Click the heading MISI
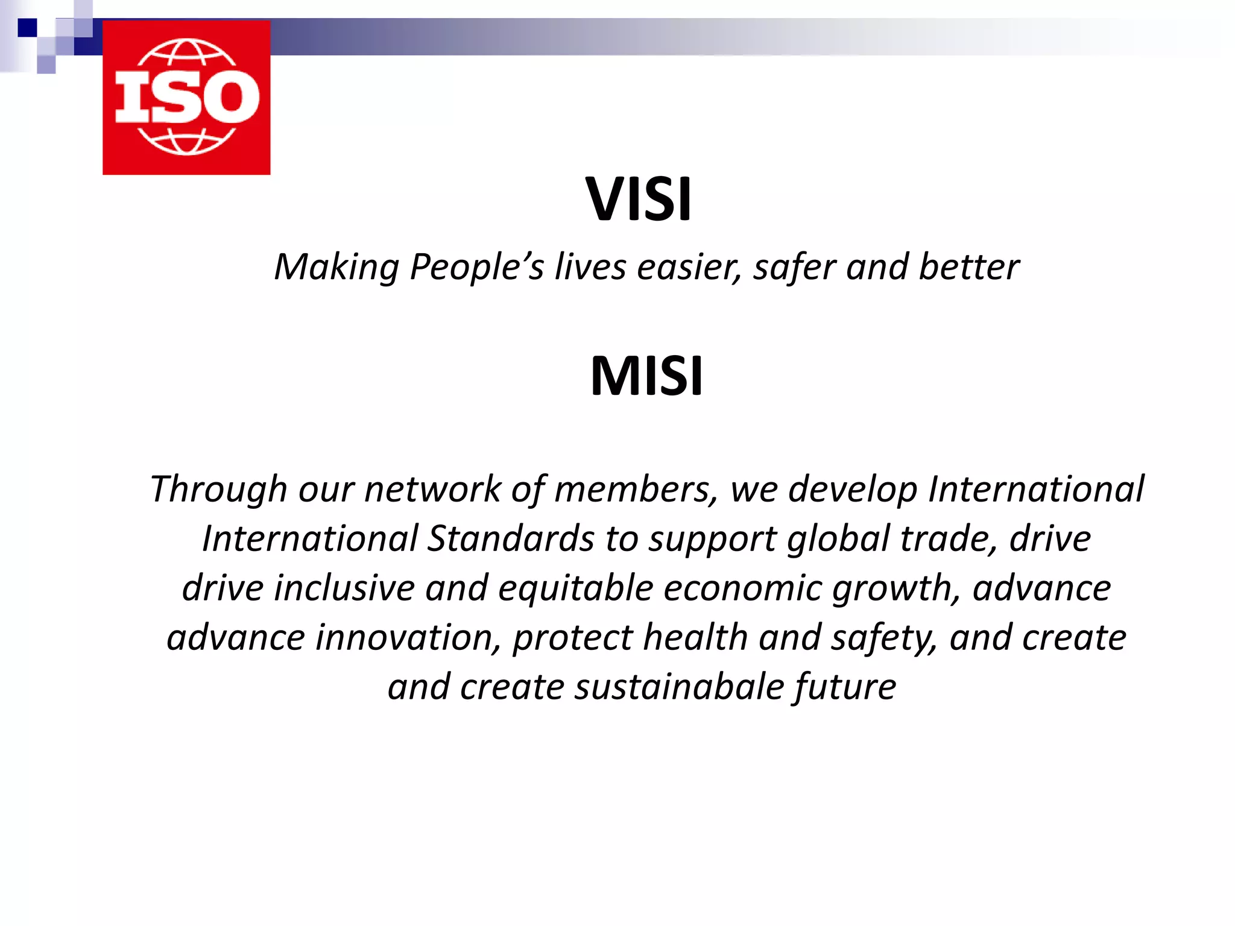coord(646,376)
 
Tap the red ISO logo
coord(186,98)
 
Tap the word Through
coord(218,489)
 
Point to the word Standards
coord(511,538)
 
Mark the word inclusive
coord(344,588)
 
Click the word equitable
coord(575,588)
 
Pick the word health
coord(695,638)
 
